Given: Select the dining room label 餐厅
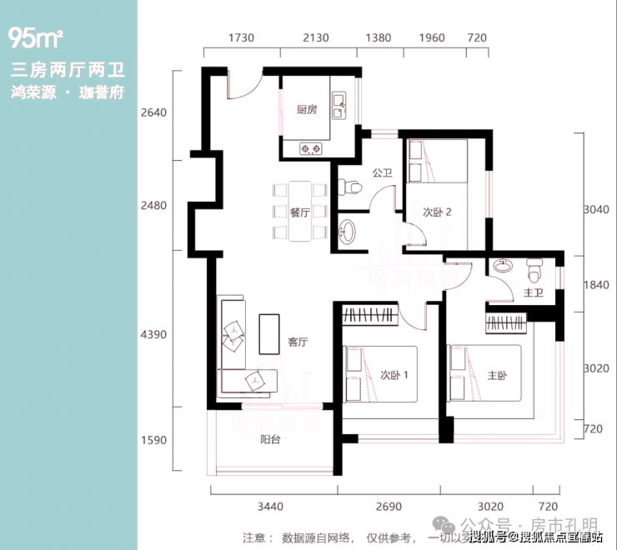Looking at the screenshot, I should coord(300,212).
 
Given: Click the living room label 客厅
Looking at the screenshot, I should coord(298,342).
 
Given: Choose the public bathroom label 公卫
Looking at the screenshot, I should coord(382,173).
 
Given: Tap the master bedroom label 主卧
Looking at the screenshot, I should coord(495,376).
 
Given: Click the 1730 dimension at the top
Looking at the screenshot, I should coord(239,38).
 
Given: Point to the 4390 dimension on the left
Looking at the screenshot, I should coord(155,334).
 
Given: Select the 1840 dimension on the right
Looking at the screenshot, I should coord(594,285).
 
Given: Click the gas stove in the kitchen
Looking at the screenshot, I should coord(311,150).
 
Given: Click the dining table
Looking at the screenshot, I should coord(298,212).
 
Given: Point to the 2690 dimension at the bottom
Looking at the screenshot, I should coord(389,507).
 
